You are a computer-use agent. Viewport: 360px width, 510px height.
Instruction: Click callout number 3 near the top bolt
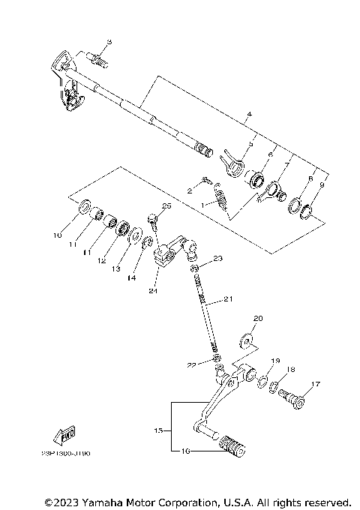click(108, 43)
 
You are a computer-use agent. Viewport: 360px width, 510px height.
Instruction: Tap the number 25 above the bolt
click(166, 205)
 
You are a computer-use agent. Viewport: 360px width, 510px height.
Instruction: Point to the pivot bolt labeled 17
click(294, 397)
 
